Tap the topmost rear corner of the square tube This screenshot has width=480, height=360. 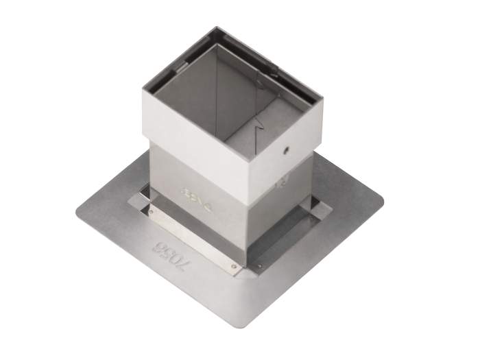[x=217, y=28]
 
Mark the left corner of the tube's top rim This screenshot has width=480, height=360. [x=144, y=87]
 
